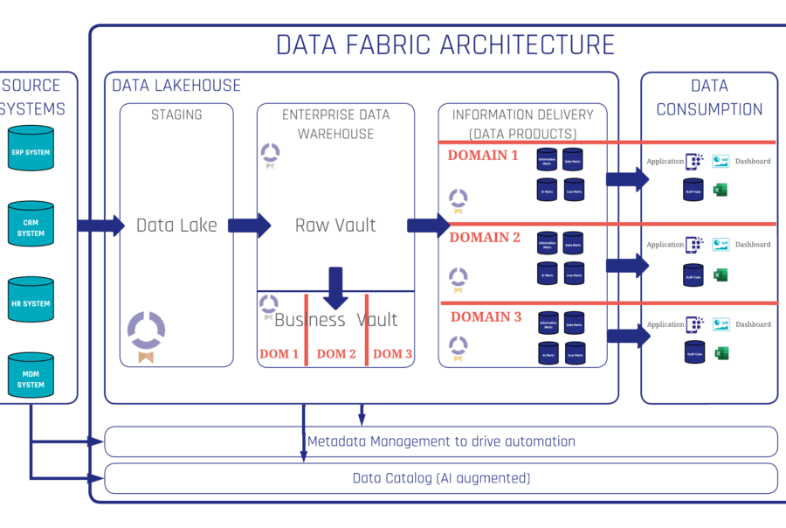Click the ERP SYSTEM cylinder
coord(31,150)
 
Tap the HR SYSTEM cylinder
coord(31,303)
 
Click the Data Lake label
coord(177,226)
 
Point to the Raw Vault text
coord(335,226)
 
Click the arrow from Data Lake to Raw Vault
coord(249,226)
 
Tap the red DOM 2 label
coord(336,354)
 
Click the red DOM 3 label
coord(393,354)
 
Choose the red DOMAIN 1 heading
coord(483,156)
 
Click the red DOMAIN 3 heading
coord(485,317)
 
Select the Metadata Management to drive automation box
coord(441,441)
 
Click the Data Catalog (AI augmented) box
coord(441,478)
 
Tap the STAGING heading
coord(176,115)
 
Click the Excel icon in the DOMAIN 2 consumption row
coord(720,275)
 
